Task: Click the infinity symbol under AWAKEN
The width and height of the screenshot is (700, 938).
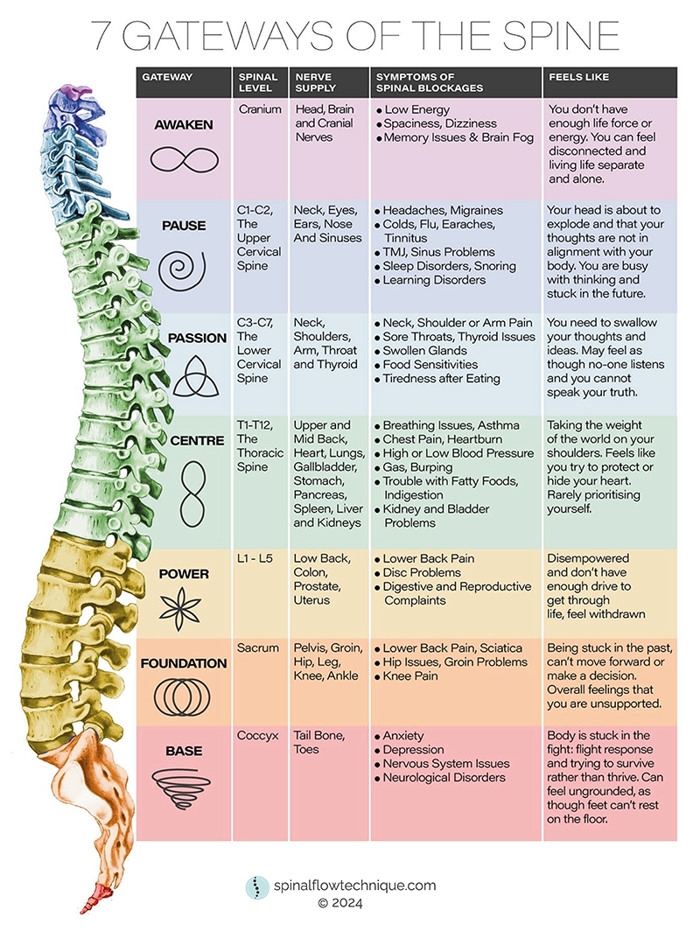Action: tap(184, 159)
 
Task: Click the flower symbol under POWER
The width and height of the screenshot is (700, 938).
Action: tap(184, 605)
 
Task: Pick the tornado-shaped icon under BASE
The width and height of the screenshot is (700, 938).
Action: tap(184, 781)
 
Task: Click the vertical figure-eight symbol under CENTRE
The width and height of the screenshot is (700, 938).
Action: tap(184, 495)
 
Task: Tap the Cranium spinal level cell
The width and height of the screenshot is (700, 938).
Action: tap(260, 109)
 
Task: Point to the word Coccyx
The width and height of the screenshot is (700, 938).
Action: tap(257, 736)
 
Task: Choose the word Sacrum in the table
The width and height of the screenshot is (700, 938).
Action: tap(258, 648)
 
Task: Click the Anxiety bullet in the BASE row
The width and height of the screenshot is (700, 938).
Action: tap(410, 736)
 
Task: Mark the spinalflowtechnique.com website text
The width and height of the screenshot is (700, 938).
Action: tap(353, 885)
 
